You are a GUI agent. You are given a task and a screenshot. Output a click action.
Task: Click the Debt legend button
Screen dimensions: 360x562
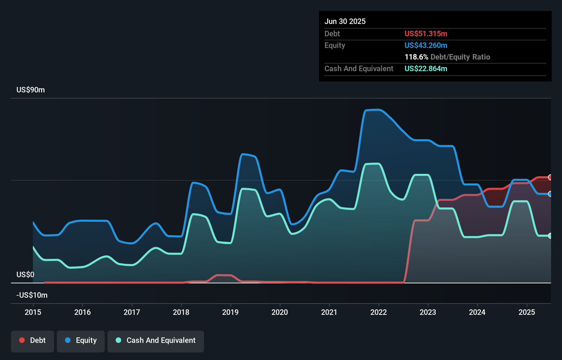[x=33, y=341]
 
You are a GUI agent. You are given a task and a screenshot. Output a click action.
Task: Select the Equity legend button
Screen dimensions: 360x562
[x=81, y=341]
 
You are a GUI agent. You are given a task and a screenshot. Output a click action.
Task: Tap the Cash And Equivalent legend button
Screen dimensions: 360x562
[x=156, y=341]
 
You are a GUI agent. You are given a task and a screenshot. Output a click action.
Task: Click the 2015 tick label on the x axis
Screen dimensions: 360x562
[x=33, y=312]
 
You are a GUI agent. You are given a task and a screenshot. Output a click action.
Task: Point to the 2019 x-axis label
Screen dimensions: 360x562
[x=230, y=312]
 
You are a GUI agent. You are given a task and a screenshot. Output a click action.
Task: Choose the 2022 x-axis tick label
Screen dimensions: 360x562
[x=379, y=312]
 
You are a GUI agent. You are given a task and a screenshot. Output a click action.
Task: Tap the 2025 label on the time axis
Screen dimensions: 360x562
[x=527, y=312]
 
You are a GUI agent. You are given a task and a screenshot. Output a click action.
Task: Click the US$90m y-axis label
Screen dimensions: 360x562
[x=30, y=90]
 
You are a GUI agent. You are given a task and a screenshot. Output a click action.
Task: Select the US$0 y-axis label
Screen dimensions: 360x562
[x=25, y=275]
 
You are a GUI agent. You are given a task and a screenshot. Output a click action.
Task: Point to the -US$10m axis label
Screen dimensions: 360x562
[x=32, y=295]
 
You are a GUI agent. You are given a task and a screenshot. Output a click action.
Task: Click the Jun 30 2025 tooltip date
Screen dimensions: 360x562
[x=345, y=22]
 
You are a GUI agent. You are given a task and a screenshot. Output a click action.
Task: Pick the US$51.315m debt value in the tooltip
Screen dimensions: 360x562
[x=426, y=34]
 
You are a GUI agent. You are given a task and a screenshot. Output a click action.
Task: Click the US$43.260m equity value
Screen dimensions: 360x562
[x=426, y=46]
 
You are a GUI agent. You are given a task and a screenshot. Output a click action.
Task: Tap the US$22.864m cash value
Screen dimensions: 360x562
[x=426, y=69]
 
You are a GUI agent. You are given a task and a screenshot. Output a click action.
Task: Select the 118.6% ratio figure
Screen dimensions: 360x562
[x=416, y=57]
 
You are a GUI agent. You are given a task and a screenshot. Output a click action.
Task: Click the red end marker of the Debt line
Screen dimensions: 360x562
[x=550, y=177]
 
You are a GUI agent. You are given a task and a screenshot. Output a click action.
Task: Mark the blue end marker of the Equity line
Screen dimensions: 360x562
[x=550, y=194]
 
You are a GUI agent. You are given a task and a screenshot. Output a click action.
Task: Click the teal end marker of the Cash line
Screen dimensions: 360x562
[x=550, y=236]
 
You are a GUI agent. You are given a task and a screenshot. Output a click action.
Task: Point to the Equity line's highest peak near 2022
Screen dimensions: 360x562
[x=376, y=110]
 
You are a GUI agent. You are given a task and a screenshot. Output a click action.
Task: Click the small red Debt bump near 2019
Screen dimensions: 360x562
[x=224, y=275]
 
